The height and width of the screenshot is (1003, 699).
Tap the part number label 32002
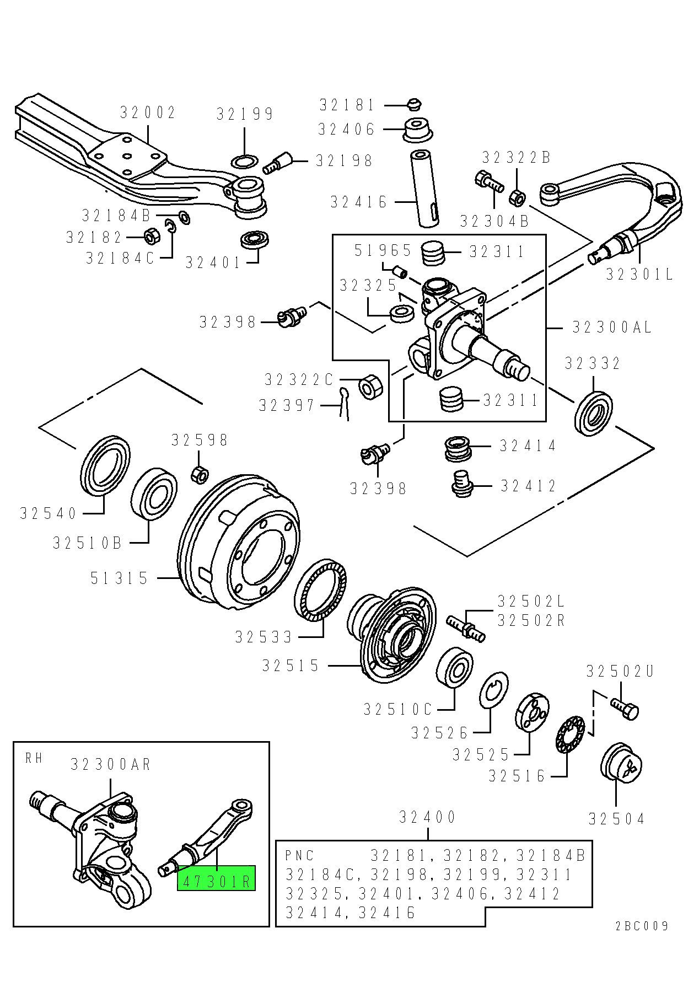(x=148, y=112)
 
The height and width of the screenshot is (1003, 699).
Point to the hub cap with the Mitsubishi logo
(x=621, y=763)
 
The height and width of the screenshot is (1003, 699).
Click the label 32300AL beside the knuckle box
(x=612, y=328)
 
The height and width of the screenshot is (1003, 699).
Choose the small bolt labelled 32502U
(x=625, y=708)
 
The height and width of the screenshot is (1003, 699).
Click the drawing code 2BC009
(x=642, y=926)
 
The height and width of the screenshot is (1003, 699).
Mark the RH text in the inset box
(x=34, y=758)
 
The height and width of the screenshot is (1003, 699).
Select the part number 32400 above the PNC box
(x=428, y=817)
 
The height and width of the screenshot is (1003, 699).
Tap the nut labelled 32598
(x=199, y=474)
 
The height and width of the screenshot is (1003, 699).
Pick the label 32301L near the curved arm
(x=639, y=274)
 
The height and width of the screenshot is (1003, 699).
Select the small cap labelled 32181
(x=414, y=104)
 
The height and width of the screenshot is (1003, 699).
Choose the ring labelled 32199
(x=244, y=162)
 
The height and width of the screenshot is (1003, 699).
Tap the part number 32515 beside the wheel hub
(x=291, y=666)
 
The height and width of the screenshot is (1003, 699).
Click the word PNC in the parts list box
(x=299, y=856)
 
